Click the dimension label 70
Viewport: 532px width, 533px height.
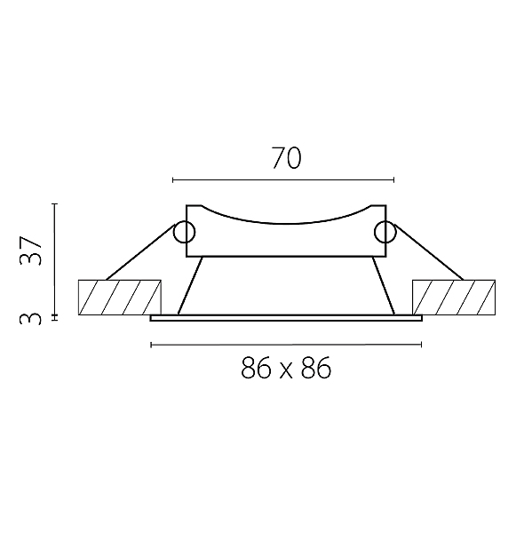(x=287, y=158)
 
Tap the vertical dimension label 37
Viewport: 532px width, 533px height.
(x=30, y=251)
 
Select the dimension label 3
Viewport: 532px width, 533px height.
(x=30, y=320)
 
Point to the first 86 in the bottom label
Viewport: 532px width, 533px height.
(x=256, y=368)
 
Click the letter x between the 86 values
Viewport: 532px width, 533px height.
(x=286, y=371)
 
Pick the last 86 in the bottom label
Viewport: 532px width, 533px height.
(x=316, y=368)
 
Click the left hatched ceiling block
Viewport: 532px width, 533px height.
(x=120, y=298)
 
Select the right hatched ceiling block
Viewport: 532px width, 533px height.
(x=454, y=298)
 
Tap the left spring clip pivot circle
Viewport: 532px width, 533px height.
(x=184, y=232)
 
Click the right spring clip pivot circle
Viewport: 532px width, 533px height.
(x=385, y=232)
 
